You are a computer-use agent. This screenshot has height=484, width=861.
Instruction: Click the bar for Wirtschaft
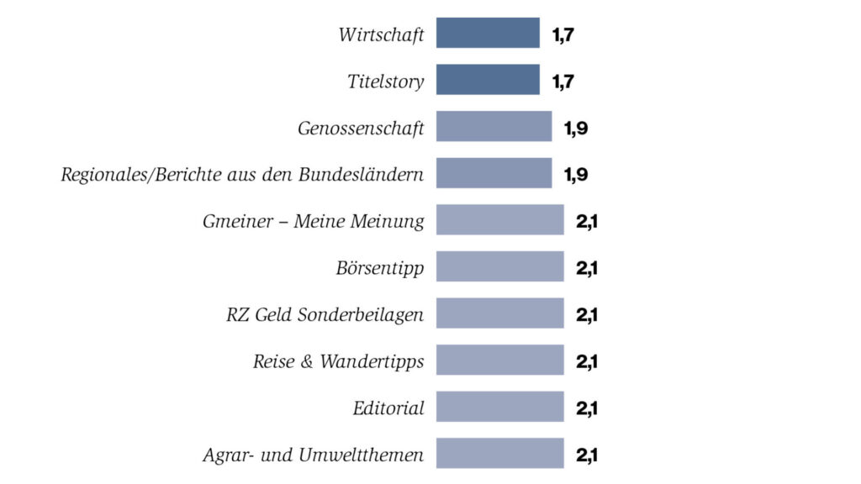(x=488, y=33)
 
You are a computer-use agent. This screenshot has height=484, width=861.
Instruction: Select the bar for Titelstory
(x=488, y=80)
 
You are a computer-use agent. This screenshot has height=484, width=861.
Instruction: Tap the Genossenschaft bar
(x=494, y=126)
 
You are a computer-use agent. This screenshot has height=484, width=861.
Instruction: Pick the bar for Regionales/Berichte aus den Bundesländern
(x=494, y=173)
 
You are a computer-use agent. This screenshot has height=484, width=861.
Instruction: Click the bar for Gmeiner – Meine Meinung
(x=499, y=220)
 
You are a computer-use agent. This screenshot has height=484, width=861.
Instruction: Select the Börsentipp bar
(x=499, y=266)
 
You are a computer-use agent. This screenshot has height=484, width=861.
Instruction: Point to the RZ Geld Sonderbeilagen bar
(x=499, y=313)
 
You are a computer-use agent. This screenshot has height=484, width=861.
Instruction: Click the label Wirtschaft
(x=381, y=35)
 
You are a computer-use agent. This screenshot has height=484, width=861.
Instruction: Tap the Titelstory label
(x=386, y=82)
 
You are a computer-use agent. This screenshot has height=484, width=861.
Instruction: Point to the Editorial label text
(x=388, y=409)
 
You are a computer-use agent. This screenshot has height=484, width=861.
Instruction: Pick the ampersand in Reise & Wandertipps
(x=307, y=363)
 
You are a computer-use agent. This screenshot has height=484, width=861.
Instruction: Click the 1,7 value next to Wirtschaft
(x=563, y=35)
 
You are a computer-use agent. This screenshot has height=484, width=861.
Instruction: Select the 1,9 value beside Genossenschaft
(x=575, y=129)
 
